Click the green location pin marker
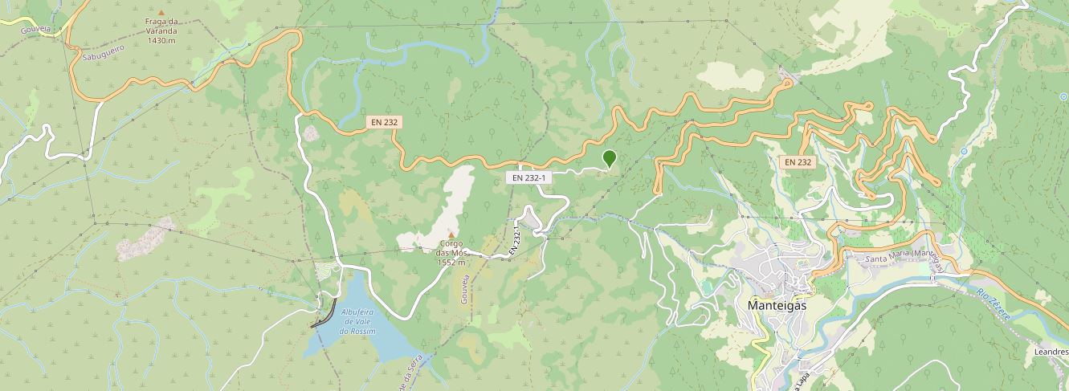pyautogui.click(x=609, y=158)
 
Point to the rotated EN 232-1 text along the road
pyautogui.click(x=516, y=241)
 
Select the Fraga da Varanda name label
pyautogui.click(x=161, y=26)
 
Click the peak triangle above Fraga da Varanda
pyautogui.click(x=161, y=13)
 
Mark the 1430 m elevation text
pyautogui.click(x=161, y=40)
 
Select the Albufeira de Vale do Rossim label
pyautogui.click(x=358, y=321)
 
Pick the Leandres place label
pyautogui.click(x=1051, y=351)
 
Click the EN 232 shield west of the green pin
pyautogui.click(x=384, y=123)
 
